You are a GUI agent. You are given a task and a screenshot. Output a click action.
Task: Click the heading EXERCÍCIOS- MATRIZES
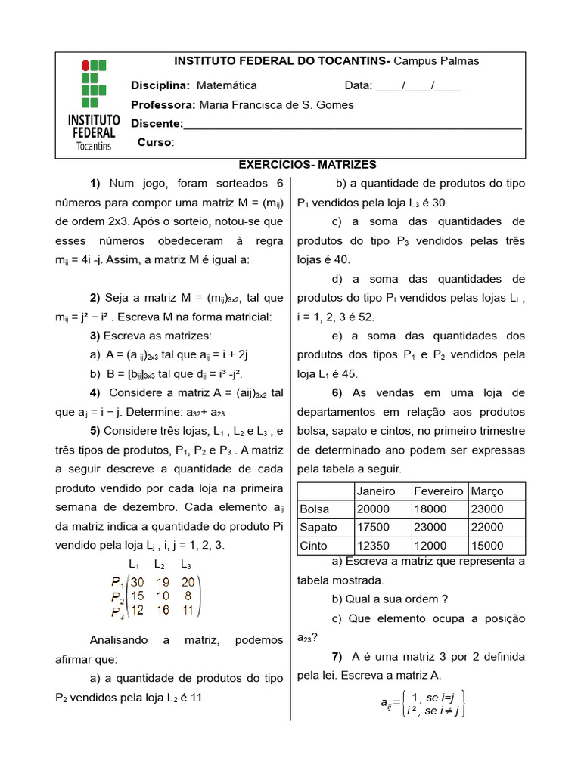click(307, 164)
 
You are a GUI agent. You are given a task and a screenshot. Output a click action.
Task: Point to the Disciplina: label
click(160, 85)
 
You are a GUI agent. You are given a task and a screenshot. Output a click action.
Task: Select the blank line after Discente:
click(353, 125)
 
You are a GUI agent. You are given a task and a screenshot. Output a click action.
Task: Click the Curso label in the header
click(155, 142)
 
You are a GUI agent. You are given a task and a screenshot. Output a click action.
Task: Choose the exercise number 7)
click(337, 656)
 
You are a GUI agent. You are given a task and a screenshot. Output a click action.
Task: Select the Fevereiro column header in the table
click(439, 491)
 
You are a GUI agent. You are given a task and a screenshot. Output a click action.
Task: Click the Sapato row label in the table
click(318, 528)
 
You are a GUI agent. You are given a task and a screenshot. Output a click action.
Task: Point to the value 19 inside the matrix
click(163, 582)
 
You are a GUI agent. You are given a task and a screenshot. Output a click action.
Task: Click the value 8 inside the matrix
click(188, 596)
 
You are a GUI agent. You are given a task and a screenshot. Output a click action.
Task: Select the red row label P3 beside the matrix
click(117, 611)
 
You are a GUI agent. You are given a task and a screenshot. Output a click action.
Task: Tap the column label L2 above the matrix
click(160, 565)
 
